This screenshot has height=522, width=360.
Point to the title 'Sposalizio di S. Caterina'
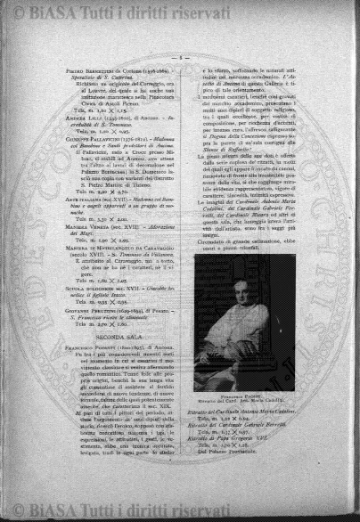(100, 77)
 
